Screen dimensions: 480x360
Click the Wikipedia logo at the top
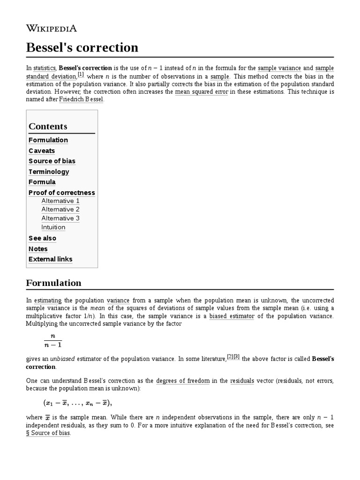52,28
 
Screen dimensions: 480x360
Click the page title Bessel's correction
82,47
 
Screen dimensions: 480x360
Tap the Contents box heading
48,126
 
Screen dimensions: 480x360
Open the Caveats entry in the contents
42,150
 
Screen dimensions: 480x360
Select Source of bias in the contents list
52,161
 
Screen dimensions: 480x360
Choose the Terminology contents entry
49,172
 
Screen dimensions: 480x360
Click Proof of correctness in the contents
61,193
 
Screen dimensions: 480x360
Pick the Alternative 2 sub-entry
60,210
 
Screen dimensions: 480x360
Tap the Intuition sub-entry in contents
53,227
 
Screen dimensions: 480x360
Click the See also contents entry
42,238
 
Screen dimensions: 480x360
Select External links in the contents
50,259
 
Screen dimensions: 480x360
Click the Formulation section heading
53,283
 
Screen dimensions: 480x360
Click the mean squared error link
201,92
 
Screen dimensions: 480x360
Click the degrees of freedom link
183,381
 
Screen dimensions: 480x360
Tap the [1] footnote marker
81,75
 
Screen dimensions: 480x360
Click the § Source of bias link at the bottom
48,433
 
